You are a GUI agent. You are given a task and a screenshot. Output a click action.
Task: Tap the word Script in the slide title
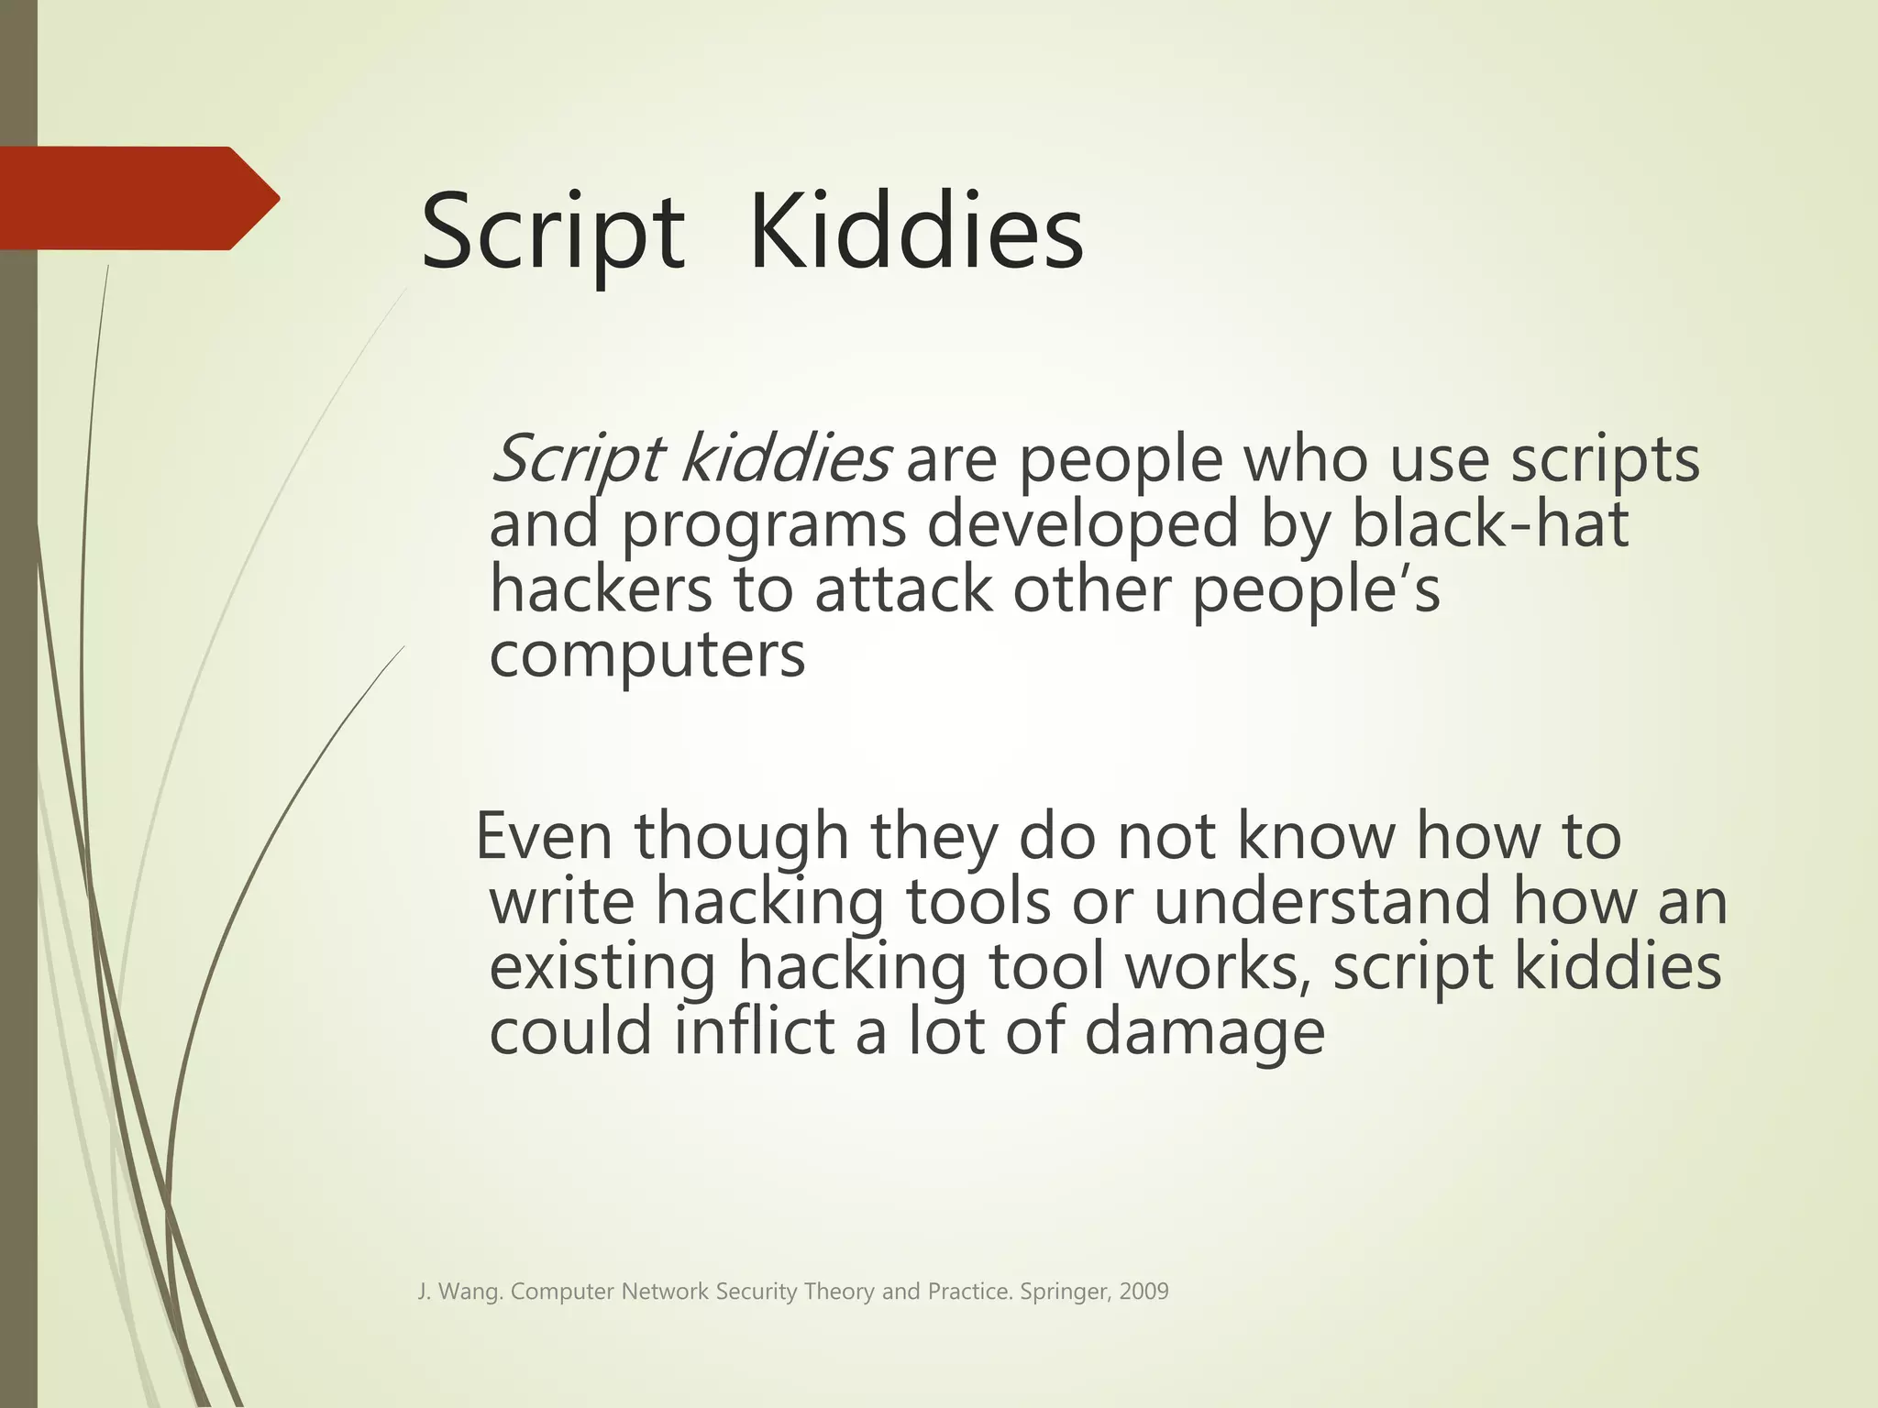click(x=552, y=235)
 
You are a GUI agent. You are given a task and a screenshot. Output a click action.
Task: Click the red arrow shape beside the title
click(x=138, y=198)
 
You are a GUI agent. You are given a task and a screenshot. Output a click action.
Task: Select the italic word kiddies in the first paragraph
click(x=784, y=458)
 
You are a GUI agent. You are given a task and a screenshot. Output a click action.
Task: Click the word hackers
click(x=600, y=589)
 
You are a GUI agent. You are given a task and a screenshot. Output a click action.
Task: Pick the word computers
click(x=646, y=655)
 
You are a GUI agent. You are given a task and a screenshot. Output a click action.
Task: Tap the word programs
click(x=764, y=527)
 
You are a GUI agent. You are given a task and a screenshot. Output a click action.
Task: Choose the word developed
click(x=1082, y=527)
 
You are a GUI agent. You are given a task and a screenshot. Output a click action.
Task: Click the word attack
click(x=902, y=589)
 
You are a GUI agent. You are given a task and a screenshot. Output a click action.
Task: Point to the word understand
click(x=1320, y=901)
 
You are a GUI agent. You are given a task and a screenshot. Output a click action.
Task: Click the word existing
click(x=602, y=968)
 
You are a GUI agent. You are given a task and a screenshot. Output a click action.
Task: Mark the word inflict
click(x=755, y=1031)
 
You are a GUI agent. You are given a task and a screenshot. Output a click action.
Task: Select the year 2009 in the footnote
click(x=1143, y=1292)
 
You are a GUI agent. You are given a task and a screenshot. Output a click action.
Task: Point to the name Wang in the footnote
click(x=469, y=1292)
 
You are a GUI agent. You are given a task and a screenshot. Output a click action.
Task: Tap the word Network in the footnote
click(x=665, y=1292)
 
